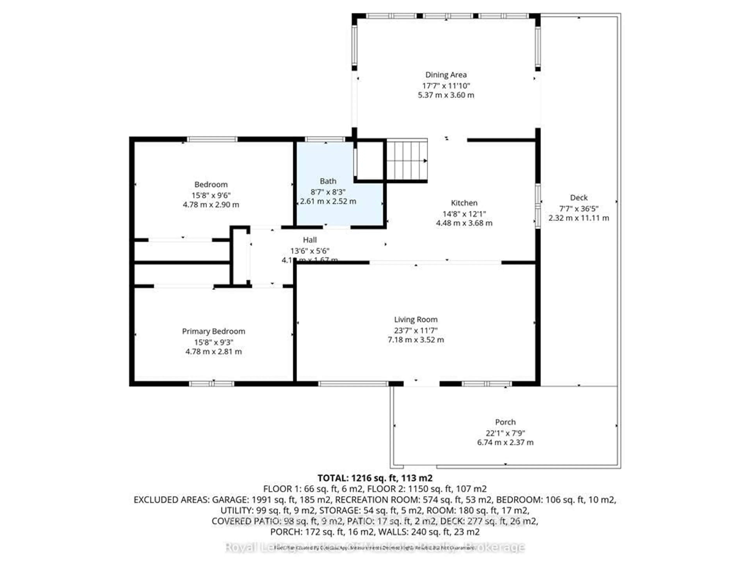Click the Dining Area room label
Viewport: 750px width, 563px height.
click(446, 75)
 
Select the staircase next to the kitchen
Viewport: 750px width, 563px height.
click(407, 160)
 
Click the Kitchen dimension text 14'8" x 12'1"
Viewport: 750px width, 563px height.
click(464, 214)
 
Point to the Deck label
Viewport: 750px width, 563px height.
click(579, 197)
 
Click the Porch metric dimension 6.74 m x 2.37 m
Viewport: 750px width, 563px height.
click(505, 443)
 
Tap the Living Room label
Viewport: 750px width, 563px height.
click(416, 319)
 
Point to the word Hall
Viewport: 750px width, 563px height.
click(310, 240)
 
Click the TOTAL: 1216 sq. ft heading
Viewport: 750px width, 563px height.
click(375, 478)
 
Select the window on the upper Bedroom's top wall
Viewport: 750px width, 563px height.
click(212, 139)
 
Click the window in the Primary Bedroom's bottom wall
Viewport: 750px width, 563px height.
click(212, 384)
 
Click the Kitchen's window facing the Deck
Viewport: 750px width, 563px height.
click(538, 206)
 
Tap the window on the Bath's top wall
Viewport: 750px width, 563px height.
click(325, 139)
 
